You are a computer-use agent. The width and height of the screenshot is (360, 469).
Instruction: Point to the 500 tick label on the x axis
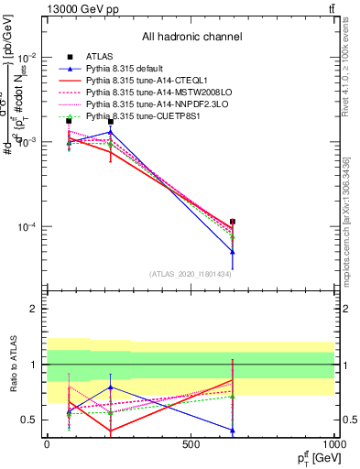[x=191, y=444]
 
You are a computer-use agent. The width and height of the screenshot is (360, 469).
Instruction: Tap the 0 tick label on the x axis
[x=47, y=444]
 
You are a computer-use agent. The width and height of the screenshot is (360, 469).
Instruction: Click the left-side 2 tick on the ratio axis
[x=36, y=309]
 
